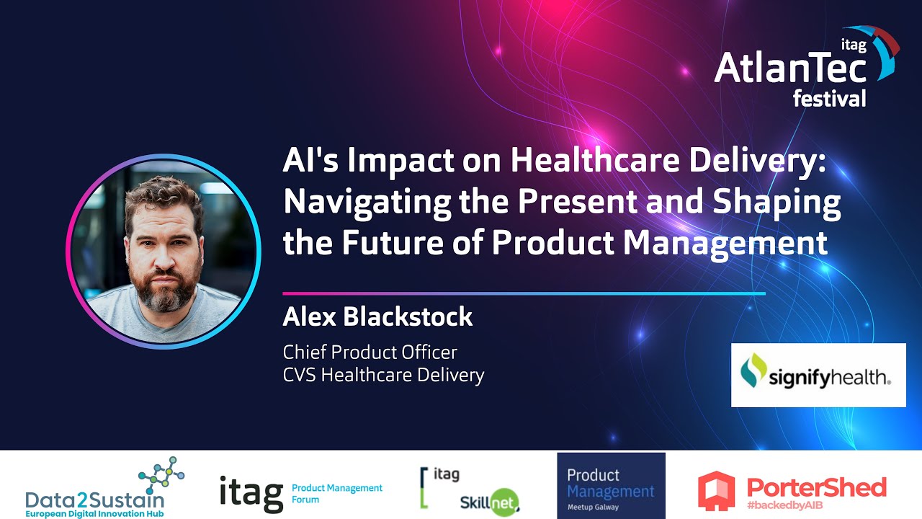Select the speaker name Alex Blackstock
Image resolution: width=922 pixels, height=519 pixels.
(377, 316)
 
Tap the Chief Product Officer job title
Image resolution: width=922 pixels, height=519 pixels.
(370, 352)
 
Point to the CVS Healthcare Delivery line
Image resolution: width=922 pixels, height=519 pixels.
(383, 375)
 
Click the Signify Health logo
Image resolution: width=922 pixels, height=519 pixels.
(818, 375)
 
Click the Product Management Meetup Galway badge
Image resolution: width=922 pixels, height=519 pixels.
(611, 485)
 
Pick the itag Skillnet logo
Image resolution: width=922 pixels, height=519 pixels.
(469, 489)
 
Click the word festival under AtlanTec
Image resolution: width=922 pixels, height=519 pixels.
(829, 98)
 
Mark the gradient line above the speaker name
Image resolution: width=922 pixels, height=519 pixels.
(524, 293)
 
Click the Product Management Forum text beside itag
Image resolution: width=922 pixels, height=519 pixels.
(336, 493)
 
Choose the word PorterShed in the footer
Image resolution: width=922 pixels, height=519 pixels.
(816, 487)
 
